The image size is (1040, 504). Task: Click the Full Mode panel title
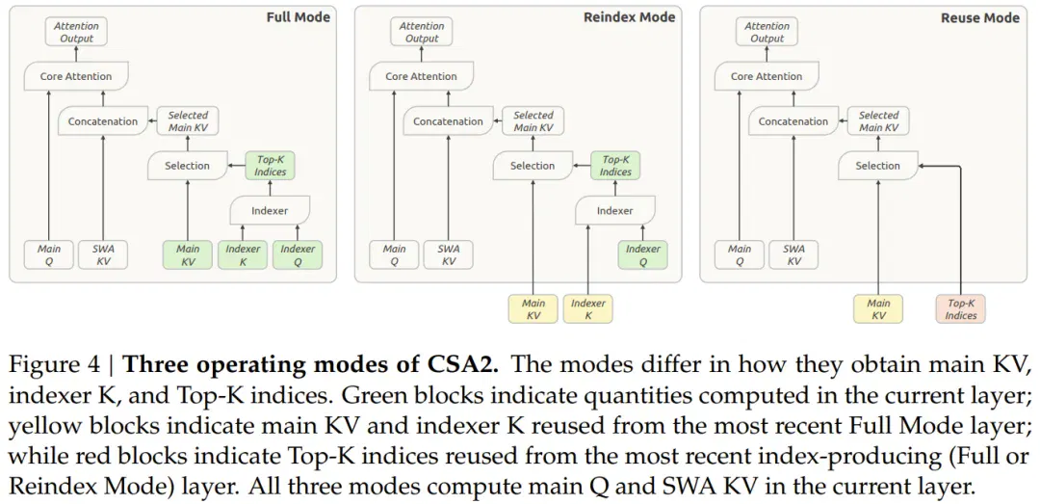[x=298, y=17]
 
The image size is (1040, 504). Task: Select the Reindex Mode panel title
[x=630, y=17]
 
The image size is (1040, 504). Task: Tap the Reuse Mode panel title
[x=980, y=18]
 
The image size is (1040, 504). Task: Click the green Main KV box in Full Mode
[x=188, y=255]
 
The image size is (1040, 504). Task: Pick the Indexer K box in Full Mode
[x=243, y=255]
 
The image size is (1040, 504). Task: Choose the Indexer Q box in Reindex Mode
[x=642, y=255]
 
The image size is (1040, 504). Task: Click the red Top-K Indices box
[x=960, y=308]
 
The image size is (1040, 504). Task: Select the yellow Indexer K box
[x=587, y=308]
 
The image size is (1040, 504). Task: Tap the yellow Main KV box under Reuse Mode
[x=878, y=308]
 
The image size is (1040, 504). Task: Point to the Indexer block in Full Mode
[x=270, y=210]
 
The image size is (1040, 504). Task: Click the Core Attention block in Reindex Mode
[x=421, y=76]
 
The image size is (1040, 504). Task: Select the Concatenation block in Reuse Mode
[x=793, y=121]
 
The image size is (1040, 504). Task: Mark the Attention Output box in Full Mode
[x=76, y=33]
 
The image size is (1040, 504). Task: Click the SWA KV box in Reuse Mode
[x=793, y=255]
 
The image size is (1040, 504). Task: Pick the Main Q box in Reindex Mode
[x=394, y=255]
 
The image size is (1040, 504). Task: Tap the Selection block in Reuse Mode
[x=878, y=166]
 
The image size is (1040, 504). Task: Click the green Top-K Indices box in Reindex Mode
[x=615, y=166]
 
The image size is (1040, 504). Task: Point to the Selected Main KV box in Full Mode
[x=188, y=120]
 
